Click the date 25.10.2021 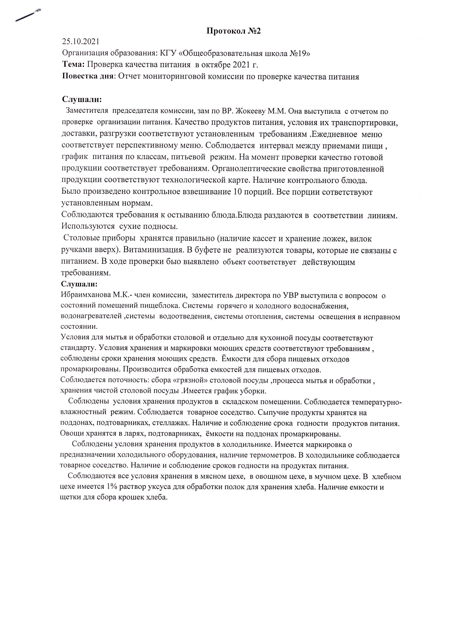pos(81,42)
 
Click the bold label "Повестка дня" pos(88,76)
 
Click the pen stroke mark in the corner pos(28,15)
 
